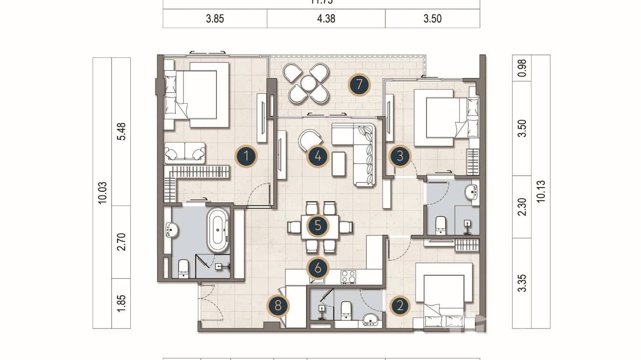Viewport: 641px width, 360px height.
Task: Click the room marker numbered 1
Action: [246, 156]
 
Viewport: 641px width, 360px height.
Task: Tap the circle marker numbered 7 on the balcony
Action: [359, 85]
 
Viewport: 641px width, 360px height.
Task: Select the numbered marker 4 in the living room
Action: [318, 156]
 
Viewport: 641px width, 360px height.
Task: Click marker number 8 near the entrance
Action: [278, 306]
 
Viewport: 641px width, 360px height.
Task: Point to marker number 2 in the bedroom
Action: [400, 306]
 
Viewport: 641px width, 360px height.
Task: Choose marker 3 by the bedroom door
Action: [400, 156]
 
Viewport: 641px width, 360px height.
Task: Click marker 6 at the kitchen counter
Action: [318, 268]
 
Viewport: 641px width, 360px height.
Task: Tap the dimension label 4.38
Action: [326, 19]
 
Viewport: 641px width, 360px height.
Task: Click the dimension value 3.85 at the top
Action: [215, 19]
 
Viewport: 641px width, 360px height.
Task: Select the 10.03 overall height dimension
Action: [102, 193]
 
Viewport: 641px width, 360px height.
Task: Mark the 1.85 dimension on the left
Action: [121, 304]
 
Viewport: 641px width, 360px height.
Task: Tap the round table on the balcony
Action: [309, 84]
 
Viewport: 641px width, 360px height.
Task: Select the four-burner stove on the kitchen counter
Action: [348, 277]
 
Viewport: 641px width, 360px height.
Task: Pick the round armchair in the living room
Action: [309, 140]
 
